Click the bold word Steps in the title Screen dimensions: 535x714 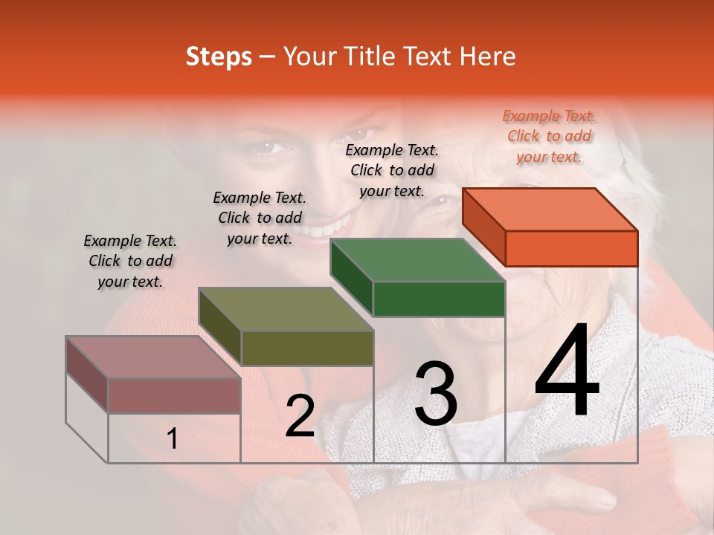[219, 56]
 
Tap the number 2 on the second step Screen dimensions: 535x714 [300, 415]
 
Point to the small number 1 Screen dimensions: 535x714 [172, 438]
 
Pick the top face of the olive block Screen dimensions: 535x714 [286, 309]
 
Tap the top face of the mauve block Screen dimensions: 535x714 [153, 357]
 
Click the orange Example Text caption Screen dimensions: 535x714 [549, 136]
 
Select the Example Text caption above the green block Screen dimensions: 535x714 [392, 170]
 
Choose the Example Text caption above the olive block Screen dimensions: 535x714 [260, 218]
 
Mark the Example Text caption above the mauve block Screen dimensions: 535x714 [130, 261]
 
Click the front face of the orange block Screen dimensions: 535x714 [571, 248]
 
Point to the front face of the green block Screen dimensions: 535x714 [439, 299]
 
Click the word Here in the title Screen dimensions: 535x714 [488, 56]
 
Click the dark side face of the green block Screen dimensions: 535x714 [351, 278]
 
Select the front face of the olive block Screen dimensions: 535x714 [306, 348]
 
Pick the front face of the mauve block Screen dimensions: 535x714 [174, 395]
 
